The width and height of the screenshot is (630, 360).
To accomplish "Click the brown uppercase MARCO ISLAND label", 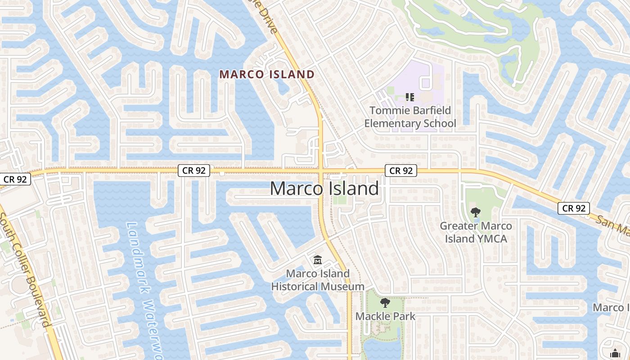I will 267,74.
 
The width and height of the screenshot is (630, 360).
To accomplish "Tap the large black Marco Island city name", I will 324,188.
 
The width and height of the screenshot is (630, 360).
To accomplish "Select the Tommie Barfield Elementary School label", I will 410,117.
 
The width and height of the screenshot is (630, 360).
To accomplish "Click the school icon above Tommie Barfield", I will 409,97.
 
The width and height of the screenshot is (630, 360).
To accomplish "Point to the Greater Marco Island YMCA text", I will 476,232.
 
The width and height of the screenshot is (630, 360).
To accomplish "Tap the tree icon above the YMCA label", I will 475,212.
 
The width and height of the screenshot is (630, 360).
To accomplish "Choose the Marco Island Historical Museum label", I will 318,280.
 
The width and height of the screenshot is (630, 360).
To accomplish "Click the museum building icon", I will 318,260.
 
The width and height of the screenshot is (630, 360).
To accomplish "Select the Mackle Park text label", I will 385,316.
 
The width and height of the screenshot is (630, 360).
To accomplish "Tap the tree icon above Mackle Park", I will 385,302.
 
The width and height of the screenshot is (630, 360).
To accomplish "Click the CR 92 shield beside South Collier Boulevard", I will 15,179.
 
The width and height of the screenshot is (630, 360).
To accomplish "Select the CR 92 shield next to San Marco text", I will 574,208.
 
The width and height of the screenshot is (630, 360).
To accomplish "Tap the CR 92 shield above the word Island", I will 401,171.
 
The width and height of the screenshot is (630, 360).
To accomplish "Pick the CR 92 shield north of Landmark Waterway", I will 194,170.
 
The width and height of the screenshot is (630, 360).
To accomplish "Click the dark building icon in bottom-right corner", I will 615,354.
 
